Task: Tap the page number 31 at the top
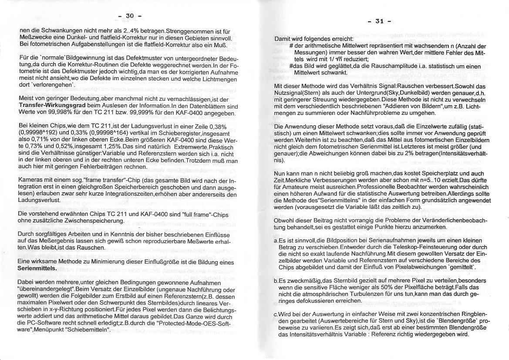(380, 20)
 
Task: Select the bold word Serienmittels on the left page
(37, 268)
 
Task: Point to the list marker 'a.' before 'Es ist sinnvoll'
(276, 241)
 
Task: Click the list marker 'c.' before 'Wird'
(276, 314)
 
